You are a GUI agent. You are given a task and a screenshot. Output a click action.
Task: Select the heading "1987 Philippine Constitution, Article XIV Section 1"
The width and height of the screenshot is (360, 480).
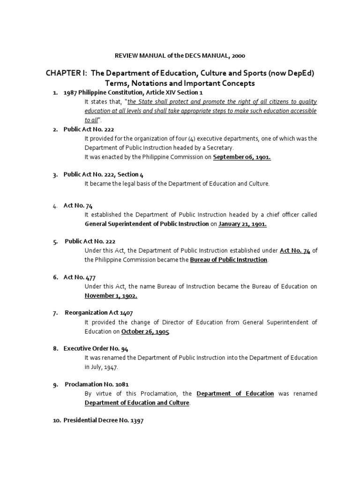click(x=133, y=93)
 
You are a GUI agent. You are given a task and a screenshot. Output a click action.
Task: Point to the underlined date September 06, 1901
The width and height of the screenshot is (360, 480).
click(x=242, y=157)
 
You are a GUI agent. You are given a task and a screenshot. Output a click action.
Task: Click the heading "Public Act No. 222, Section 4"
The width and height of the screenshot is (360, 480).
click(x=104, y=174)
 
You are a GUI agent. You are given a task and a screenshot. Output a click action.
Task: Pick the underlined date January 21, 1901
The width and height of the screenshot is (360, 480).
click(x=242, y=224)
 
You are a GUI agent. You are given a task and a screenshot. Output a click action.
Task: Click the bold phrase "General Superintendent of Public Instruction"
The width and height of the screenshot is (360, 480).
click(x=146, y=224)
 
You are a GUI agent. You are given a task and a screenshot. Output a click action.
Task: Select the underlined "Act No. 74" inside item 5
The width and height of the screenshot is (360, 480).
click(x=295, y=250)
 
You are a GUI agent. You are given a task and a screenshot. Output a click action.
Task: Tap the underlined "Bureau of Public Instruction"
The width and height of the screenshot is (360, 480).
click(x=228, y=259)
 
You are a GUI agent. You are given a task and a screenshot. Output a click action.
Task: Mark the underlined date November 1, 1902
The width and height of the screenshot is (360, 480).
click(x=111, y=295)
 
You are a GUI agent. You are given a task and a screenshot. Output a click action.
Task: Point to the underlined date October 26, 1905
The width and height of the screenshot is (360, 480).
click(x=145, y=331)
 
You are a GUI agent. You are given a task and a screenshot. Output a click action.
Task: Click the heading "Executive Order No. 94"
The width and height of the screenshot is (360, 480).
click(x=96, y=348)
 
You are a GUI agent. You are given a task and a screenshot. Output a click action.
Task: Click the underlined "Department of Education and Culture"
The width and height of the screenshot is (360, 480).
click(x=137, y=403)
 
